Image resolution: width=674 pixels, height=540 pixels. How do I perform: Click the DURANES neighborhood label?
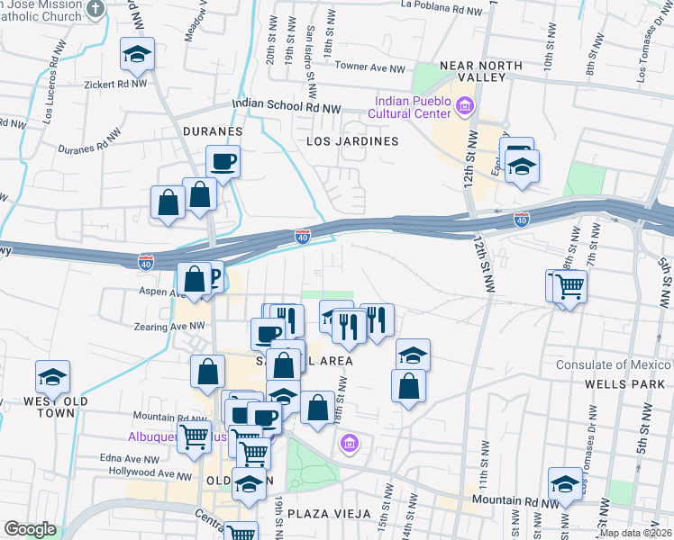[213, 131]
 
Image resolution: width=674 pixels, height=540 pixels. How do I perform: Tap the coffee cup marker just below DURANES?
[223, 162]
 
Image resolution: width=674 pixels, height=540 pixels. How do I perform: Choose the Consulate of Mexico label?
[613, 365]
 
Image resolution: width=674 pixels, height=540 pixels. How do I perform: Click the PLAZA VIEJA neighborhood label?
[331, 514]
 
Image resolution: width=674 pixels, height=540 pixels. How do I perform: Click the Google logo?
[30, 529]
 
